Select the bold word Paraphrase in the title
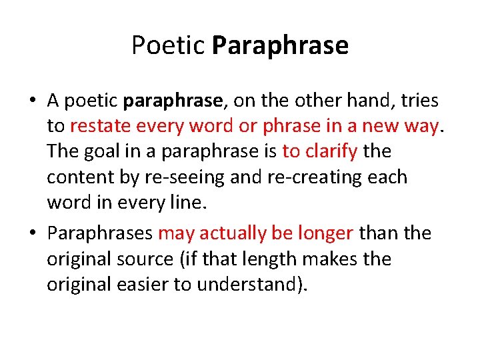pyautogui.click(x=280, y=46)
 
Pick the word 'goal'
pyautogui.click(x=105, y=151)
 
